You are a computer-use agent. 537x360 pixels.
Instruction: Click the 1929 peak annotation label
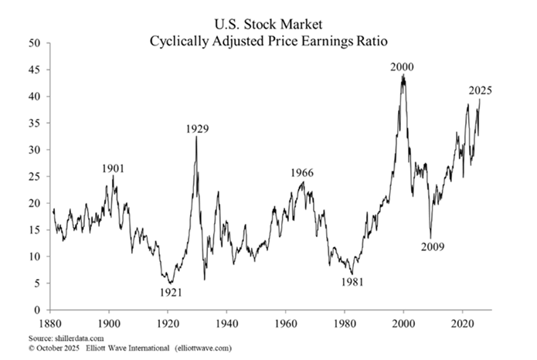[x=197, y=129]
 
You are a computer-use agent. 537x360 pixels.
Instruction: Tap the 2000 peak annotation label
[x=402, y=67]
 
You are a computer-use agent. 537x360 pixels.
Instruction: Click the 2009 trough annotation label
[x=433, y=247]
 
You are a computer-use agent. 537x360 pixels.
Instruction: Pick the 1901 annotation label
[x=113, y=168]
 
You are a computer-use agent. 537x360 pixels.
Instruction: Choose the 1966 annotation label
[x=302, y=172]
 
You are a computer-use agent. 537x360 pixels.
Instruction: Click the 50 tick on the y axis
[x=34, y=43]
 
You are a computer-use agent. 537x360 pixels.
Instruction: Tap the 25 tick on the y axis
[x=34, y=177]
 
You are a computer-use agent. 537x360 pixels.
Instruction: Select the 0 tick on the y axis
[x=37, y=311]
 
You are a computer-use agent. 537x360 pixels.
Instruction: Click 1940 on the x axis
[x=226, y=324]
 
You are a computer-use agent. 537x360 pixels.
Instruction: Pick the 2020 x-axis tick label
[x=463, y=324]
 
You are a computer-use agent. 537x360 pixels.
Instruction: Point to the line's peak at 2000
[x=403, y=75]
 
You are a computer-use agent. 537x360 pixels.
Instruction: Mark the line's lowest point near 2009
[x=430, y=239]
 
